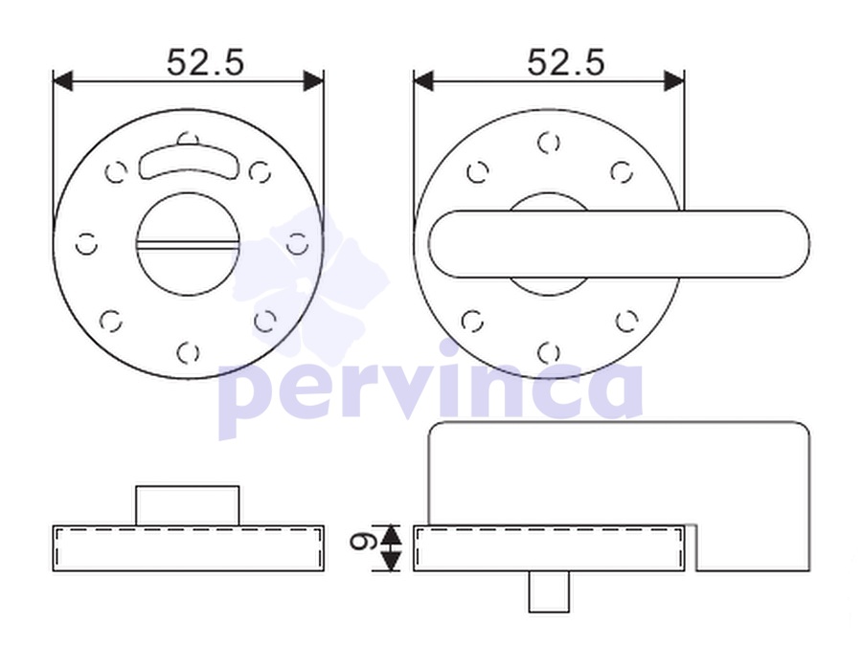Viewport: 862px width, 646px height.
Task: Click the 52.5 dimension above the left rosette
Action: (x=205, y=62)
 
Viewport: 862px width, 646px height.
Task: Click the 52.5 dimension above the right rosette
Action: (x=566, y=62)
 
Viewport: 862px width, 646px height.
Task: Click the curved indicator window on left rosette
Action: (x=188, y=162)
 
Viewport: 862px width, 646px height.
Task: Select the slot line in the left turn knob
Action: (x=188, y=244)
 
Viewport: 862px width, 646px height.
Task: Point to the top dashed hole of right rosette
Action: (x=549, y=143)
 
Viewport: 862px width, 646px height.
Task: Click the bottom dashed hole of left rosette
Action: (x=188, y=352)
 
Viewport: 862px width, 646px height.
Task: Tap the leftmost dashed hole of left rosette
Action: (x=86, y=244)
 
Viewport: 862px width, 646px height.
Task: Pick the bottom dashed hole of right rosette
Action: (x=549, y=352)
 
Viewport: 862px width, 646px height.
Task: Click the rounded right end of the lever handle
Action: (x=792, y=244)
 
